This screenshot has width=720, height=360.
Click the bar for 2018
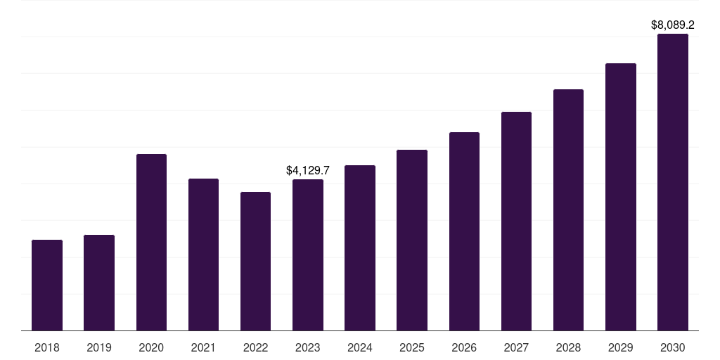coord(47,285)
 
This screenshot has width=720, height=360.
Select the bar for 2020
coord(151,242)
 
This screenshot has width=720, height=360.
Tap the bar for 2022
coord(255,261)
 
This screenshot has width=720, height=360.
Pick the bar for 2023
coord(308,255)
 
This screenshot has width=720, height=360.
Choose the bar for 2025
coord(412,240)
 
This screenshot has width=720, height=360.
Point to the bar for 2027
coord(516,221)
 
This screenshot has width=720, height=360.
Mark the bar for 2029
coord(621,197)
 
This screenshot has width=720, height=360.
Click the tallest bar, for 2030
coord(673,182)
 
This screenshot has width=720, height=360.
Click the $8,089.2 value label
coord(673,25)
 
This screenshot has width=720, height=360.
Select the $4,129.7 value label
coord(308,171)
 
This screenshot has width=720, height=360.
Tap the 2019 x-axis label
coord(99,347)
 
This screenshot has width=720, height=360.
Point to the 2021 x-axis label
coord(203,347)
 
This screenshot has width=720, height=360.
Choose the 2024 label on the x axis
coord(360,347)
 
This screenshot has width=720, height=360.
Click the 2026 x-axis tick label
coord(464,347)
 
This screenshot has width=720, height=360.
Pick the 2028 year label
coord(568,347)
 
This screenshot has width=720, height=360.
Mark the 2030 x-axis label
coord(673,347)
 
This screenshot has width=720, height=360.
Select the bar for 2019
coord(99,283)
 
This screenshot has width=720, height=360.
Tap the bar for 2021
coord(203,255)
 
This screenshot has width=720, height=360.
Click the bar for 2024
coord(360,247)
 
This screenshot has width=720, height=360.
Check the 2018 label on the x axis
coord(47,347)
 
